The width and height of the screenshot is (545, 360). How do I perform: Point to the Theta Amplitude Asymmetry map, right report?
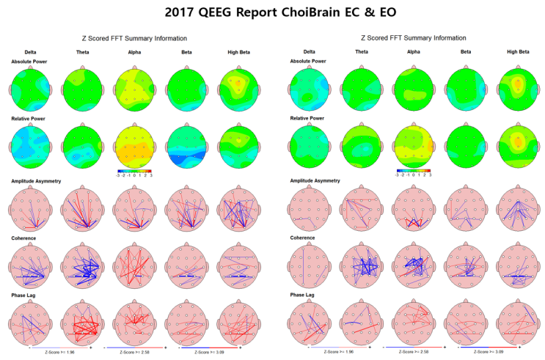[x=362, y=207]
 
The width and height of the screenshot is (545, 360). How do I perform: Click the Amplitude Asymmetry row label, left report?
[x=36, y=180]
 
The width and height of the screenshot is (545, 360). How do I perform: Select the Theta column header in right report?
[x=362, y=51]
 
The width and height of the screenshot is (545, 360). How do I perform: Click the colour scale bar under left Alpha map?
[x=134, y=170]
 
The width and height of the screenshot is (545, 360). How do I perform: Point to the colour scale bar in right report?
[x=412, y=170]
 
